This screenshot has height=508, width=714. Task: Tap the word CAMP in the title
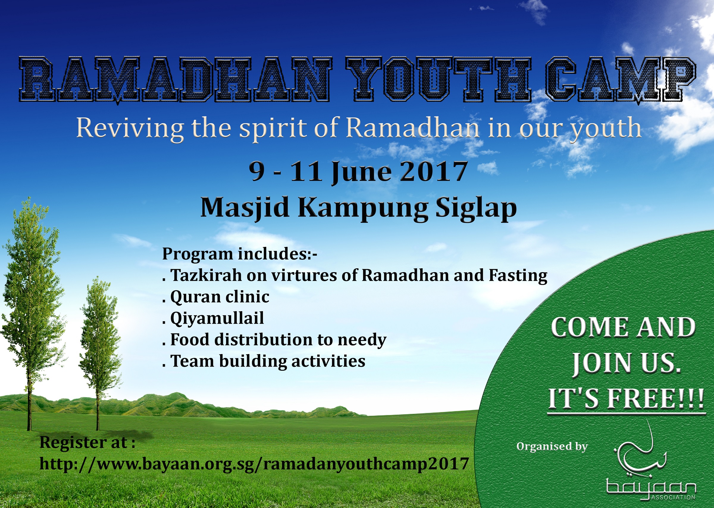(621, 80)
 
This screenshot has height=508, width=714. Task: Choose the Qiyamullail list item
(213, 318)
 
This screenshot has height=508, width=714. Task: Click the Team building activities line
(264, 361)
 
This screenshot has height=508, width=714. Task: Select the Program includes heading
(240, 254)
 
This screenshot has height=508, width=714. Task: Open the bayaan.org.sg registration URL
(254, 464)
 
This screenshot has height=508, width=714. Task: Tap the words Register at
(87, 442)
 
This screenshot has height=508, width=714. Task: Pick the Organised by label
(552, 446)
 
